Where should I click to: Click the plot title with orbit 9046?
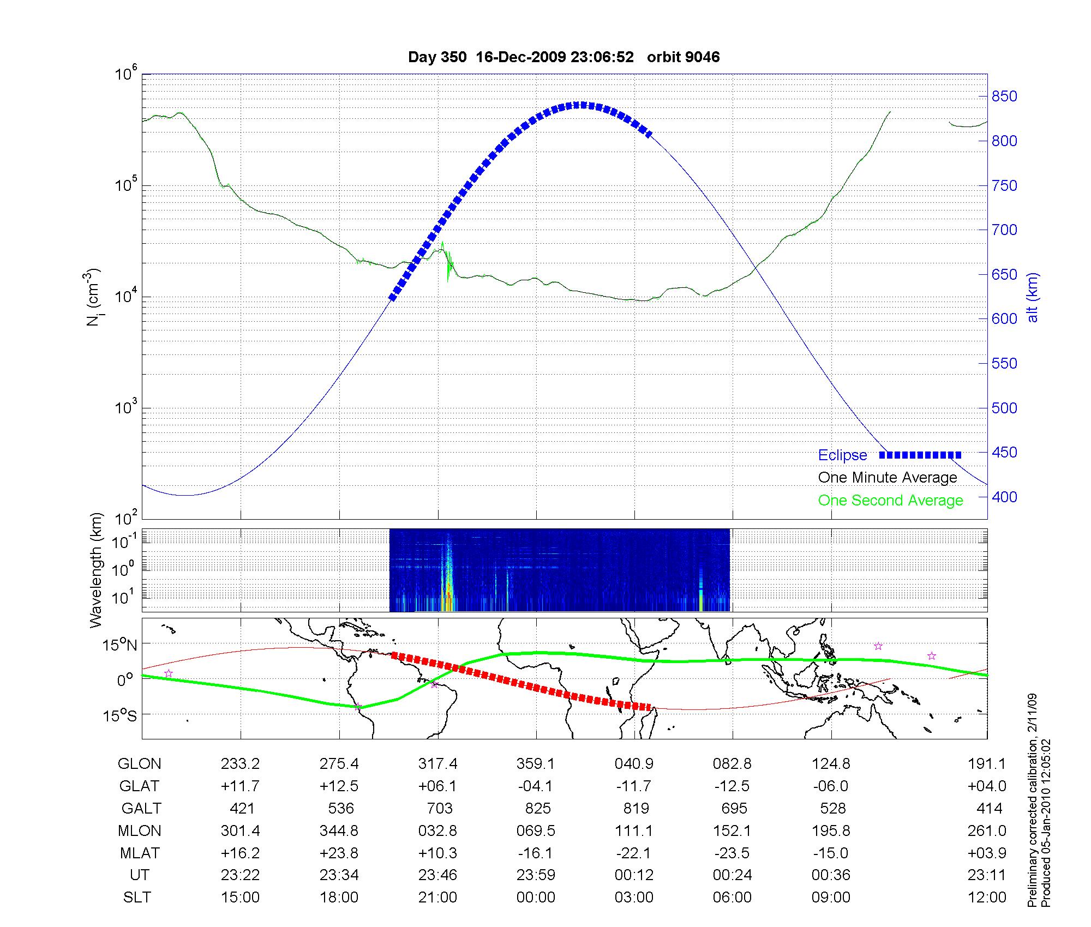coord(564,57)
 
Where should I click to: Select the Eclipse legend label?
coord(842,455)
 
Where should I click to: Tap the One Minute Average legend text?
coord(888,478)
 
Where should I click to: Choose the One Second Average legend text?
coord(890,501)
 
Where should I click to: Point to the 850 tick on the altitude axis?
coord(1004,97)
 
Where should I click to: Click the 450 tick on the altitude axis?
coord(1004,453)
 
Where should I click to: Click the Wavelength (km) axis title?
coord(96,570)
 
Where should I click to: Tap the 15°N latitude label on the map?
coord(120,645)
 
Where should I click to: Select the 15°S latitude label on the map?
coord(120,715)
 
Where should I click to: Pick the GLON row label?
coord(139,764)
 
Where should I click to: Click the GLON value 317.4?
coord(437,764)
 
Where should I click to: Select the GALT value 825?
coord(537,808)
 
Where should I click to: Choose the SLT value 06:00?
coord(732,898)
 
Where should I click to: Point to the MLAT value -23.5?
coord(732,853)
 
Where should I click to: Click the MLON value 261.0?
coord(986,830)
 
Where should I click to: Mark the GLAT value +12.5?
coord(339,786)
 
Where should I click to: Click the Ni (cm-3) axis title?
coord(93,297)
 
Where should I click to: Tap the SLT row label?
coord(137,898)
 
